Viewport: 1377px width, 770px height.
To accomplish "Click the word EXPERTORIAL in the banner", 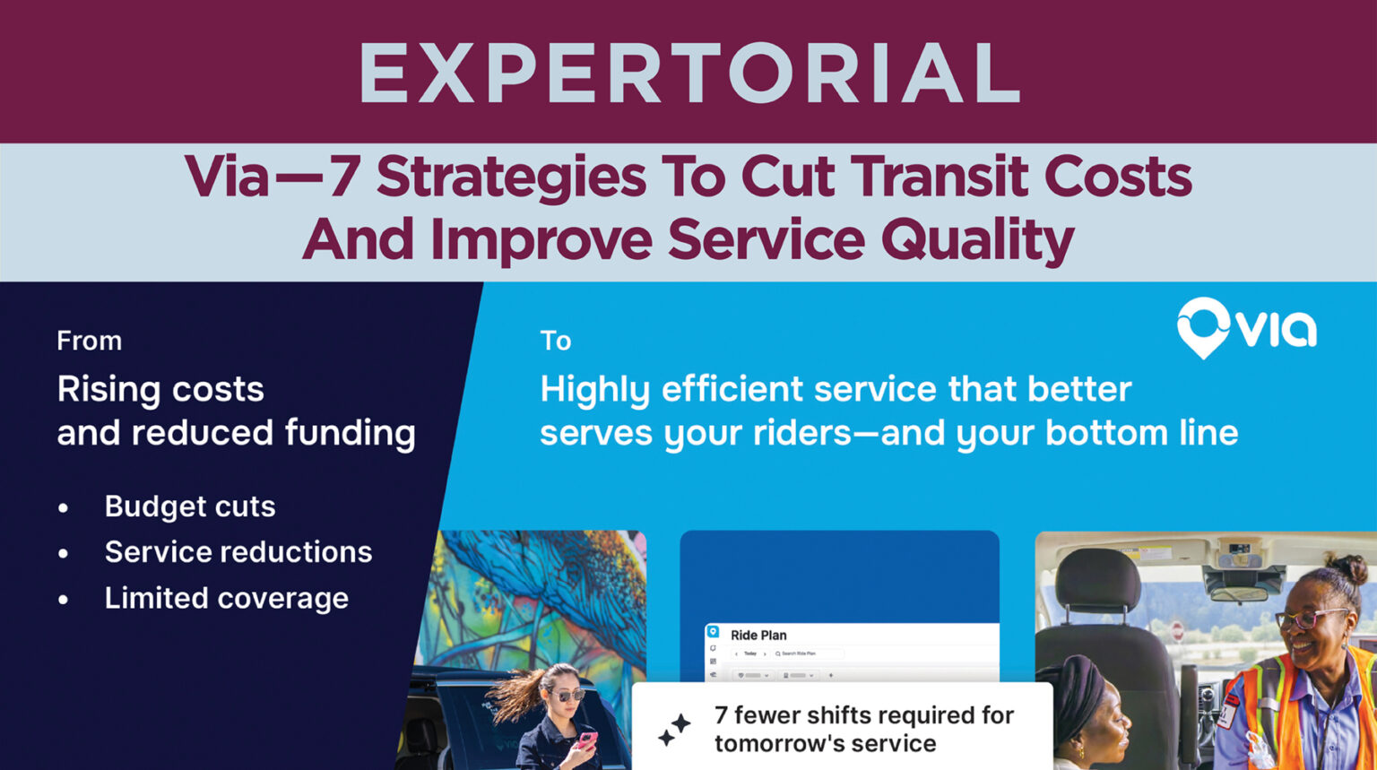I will [688, 74].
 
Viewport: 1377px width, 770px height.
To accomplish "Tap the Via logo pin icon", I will [1203, 327].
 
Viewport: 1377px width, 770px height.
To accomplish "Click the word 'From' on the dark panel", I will [89, 341].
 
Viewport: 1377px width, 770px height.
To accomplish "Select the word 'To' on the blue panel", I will [555, 341].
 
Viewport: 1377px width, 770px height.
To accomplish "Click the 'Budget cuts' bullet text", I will [189, 506].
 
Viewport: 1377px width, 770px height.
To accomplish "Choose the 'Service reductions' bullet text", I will [238, 552].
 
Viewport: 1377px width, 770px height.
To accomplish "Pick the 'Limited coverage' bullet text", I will [226, 598].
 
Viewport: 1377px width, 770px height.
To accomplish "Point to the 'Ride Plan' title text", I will [758, 635].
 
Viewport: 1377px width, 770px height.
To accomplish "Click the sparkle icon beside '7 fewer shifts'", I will [674, 730].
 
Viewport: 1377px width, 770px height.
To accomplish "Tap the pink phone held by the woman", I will [586, 740].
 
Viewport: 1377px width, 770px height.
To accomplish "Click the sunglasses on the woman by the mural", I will [566, 695].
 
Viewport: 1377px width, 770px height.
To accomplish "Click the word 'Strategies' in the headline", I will [510, 177].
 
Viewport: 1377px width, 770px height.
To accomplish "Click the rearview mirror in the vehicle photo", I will [1239, 593].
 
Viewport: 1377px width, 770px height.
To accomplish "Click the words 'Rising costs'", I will [160, 389].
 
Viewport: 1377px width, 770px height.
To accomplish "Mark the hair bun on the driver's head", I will [1349, 568].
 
